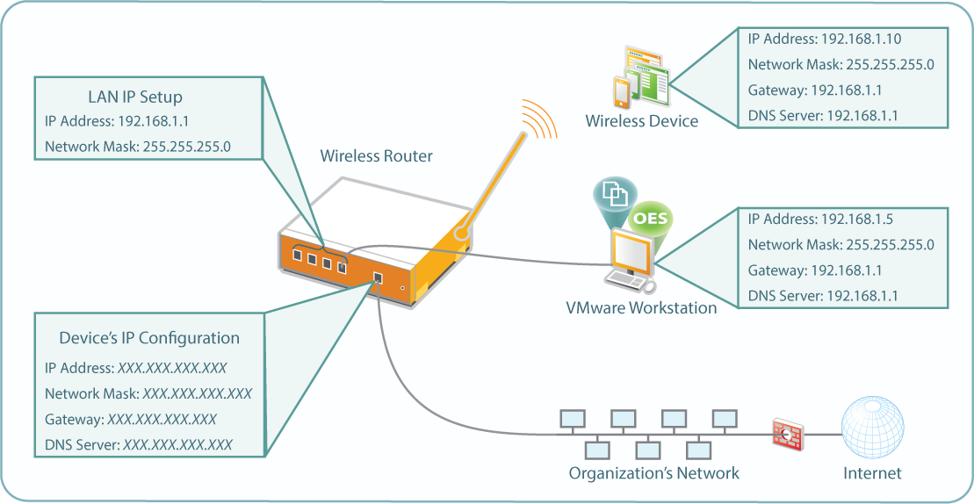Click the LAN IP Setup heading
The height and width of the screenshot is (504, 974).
(134, 97)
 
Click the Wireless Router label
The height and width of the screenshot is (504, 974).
(376, 156)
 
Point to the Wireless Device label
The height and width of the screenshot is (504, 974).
(642, 120)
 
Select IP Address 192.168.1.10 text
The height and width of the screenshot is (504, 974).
(825, 40)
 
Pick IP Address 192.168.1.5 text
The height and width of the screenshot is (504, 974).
(820, 220)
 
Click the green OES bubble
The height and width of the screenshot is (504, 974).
(651, 219)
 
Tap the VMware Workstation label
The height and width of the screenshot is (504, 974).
(641, 307)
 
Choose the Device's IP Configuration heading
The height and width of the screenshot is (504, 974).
(149, 338)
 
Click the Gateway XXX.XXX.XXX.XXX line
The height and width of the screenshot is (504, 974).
(131, 420)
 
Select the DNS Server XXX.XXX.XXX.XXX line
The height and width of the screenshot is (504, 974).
(139, 445)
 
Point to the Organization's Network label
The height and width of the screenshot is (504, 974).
(654, 473)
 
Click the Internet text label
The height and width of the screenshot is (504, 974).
(872, 473)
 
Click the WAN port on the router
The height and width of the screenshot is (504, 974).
(378, 278)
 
